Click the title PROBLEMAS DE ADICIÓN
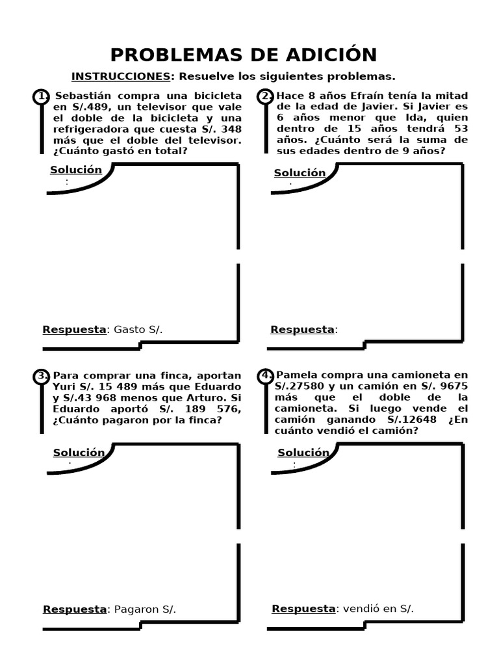243,54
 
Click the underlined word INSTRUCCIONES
120,77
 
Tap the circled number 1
41,97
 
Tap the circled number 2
265,97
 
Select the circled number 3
41,376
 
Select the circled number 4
265,376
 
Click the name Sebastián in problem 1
81,96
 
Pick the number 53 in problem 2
461,129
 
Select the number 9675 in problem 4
454,386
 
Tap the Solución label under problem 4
303,453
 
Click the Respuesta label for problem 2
302,330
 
